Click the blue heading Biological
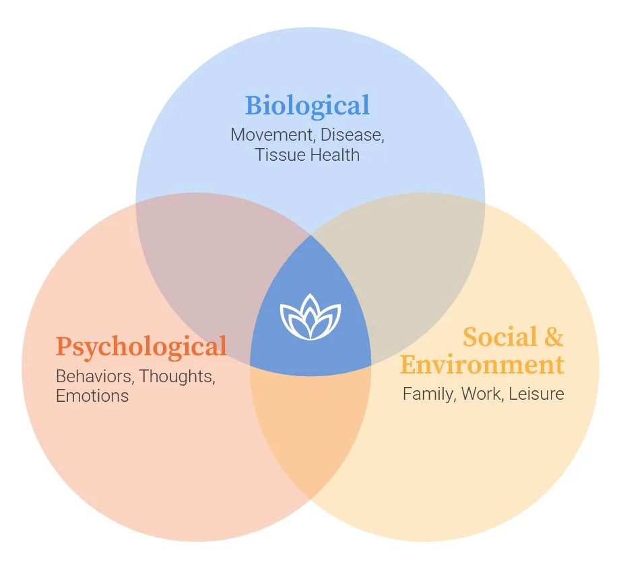307,106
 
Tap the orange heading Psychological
141,347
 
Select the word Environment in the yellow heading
482,365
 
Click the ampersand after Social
554,336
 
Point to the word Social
500,336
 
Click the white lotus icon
310,316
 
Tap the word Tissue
277,155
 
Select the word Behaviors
94,376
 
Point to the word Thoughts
177,376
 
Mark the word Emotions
92,396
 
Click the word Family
429,394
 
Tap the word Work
480,394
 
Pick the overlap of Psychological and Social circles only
310,431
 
